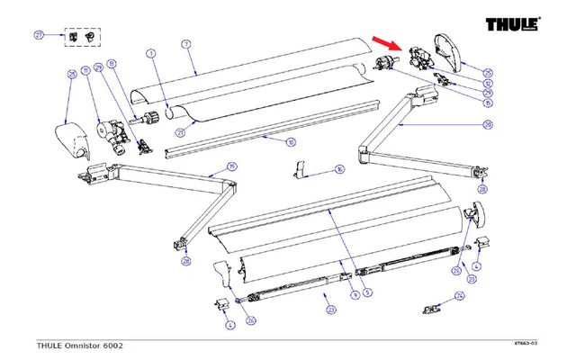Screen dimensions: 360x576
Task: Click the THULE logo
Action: coord(514,24)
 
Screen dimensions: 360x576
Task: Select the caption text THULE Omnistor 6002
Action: coord(80,345)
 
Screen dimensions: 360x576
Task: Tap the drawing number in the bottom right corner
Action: coord(526,343)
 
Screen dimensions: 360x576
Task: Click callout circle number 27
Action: coord(39,35)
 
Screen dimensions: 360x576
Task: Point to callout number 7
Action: coord(185,44)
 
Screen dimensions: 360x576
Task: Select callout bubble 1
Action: coord(152,54)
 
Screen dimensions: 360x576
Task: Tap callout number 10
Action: coord(290,142)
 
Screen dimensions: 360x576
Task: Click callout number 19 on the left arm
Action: coord(231,166)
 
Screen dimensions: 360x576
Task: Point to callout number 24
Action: coord(460,295)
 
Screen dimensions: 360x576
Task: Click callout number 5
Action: coord(367,292)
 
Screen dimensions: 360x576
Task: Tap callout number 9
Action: coord(355,293)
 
